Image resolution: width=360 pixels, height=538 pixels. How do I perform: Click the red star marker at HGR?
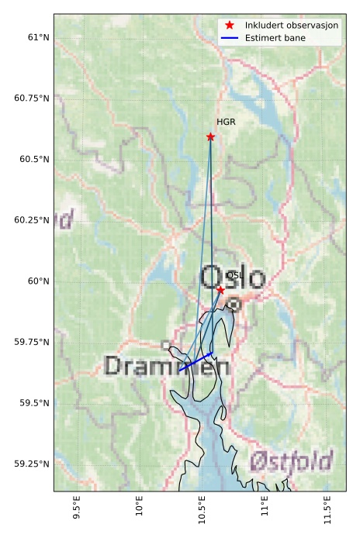click(210, 136)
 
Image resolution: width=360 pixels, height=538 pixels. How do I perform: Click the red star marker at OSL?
click(220, 290)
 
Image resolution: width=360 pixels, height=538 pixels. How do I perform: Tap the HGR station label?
click(226, 122)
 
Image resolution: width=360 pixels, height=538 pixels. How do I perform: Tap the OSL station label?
click(234, 275)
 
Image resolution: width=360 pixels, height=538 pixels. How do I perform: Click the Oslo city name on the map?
click(233, 278)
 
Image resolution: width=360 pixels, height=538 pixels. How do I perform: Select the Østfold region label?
click(291, 460)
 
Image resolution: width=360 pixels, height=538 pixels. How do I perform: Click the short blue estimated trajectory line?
click(196, 361)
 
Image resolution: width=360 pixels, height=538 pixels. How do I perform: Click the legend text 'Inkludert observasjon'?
click(291, 26)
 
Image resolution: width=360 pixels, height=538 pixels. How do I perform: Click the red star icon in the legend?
click(230, 26)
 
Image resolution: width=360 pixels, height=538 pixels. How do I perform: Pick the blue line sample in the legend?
click(230, 38)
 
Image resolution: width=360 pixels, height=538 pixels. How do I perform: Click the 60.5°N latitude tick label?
click(33, 159)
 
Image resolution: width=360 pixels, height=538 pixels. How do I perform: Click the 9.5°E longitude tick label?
click(77, 513)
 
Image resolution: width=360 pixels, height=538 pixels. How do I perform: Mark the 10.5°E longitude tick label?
click(203, 513)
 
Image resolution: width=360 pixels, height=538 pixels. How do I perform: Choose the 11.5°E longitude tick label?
click(330, 513)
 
